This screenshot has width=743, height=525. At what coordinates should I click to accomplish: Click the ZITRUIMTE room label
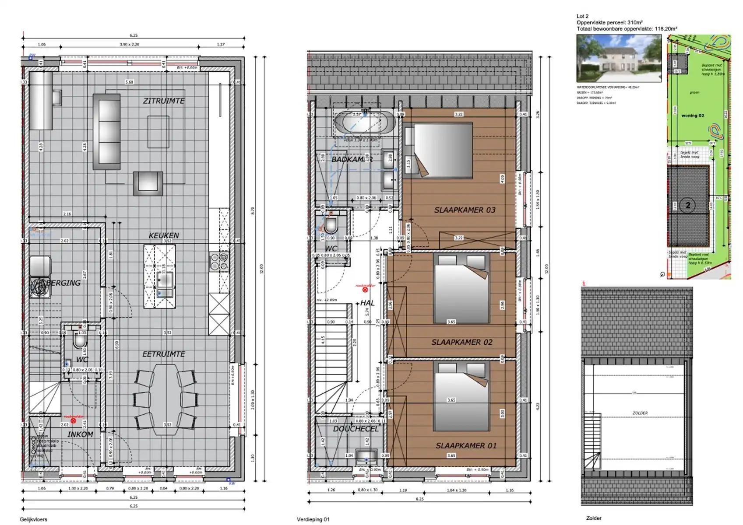[x=164, y=101]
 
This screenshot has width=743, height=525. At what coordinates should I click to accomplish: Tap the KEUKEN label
[x=164, y=235]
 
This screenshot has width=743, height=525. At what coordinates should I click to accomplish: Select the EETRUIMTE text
[x=164, y=354]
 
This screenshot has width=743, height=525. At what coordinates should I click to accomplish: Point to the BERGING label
[x=63, y=283]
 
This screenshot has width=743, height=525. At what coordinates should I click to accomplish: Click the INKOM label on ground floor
[x=80, y=434]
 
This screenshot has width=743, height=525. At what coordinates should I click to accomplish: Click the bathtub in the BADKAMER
[x=365, y=122]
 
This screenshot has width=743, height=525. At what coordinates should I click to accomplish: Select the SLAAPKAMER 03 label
[x=465, y=210]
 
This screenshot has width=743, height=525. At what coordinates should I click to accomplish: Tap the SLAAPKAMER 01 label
[x=466, y=446]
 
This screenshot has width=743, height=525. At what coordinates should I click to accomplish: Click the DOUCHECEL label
[x=356, y=429]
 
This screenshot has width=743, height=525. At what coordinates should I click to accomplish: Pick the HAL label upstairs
[x=367, y=303]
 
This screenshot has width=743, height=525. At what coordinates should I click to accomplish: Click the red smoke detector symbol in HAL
[x=365, y=290]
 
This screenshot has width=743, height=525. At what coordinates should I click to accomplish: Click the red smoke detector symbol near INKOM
[x=73, y=421]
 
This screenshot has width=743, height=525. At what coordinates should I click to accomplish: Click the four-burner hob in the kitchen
[x=219, y=261]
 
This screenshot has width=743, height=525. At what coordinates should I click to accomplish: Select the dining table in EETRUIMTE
[x=165, y=399]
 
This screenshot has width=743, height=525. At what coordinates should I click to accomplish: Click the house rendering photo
[x=619, y=59]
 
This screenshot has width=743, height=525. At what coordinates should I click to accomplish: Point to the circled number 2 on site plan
[x=688, y=205]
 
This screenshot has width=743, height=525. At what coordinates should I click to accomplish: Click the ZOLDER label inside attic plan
[x=640, y=413]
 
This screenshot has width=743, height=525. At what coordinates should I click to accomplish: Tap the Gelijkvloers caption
[x=33, y=519]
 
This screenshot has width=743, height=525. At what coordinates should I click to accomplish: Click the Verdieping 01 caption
[x=313, y=519]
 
